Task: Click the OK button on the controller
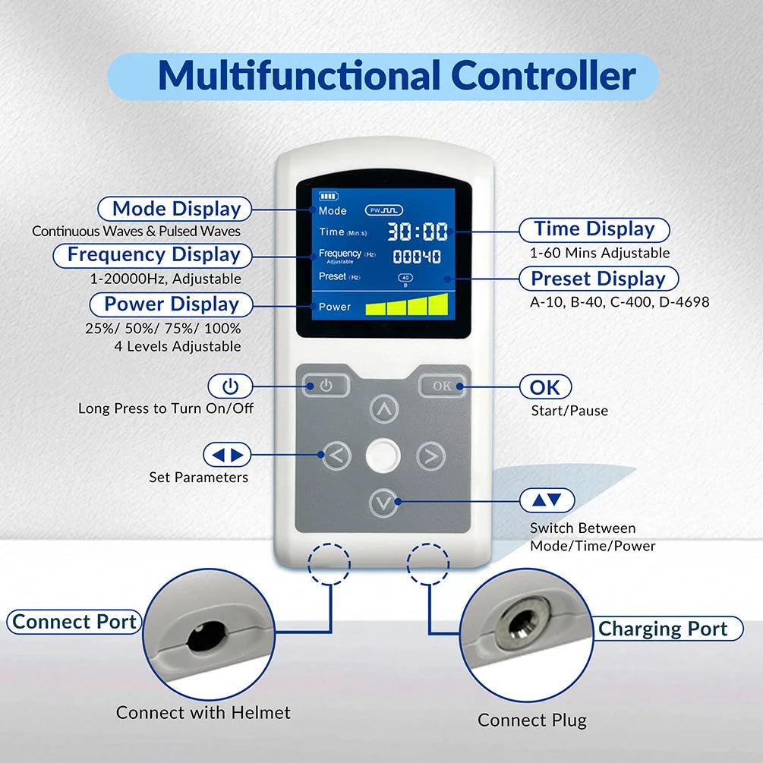pyautogui.click(x=442, y=386)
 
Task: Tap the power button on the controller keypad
pyautogui.click(x=326, y=386)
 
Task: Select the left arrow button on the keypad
pyautogui.click(x=337, y=456)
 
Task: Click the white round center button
pyautogui.click(x=383, y=456)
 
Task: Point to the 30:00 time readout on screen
pyautogui.click(x=418, y=232)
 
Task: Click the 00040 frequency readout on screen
pyautogui.click(x=417, y=257)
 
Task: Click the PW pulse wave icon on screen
pyautogui.click(x=384, y=210)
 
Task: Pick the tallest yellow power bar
pyautogui.click(x=438, y=304)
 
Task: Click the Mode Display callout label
pyautogui.click(x=176, y=209)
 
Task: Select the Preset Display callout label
pyautogui.click(x=598, y=279)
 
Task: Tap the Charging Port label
pyautogui.click(x=662, y=629)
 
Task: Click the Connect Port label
pyautogui.click(x=74, y=622)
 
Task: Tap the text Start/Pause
pyautogui.click(x=569, y=411)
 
